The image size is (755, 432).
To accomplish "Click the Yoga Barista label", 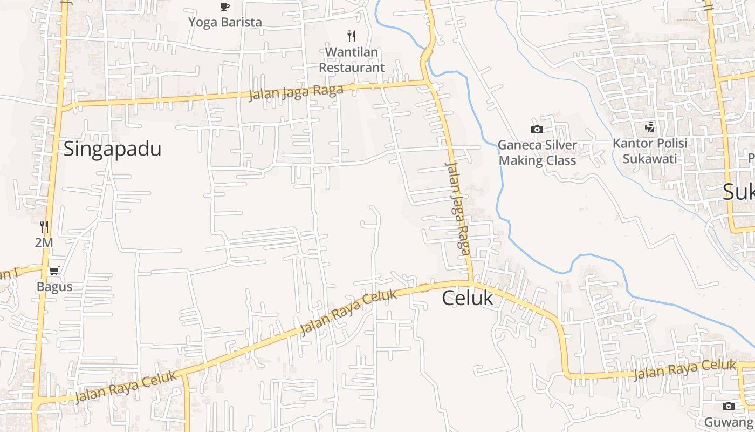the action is (225, 22).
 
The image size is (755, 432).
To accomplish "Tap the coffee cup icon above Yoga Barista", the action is (225, 6).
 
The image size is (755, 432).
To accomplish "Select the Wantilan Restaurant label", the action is (352, 59).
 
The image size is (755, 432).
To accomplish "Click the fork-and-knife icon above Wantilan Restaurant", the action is (352, 36).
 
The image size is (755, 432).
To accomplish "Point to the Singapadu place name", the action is (112, 148).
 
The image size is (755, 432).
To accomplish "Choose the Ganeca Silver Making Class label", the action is (537, 153).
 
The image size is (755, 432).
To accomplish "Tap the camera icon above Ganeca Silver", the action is (537, 129).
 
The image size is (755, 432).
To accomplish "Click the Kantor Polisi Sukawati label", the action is (650, 151).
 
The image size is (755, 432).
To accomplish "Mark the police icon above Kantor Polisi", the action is (650, 127).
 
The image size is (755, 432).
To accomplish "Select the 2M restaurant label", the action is (44, 243).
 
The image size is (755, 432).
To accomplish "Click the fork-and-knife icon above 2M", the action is (44, 227).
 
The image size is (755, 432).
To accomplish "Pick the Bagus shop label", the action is (54, 287).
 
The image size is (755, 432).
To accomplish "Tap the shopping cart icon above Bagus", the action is (54, 271).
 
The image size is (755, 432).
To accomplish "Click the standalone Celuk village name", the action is (468, 298).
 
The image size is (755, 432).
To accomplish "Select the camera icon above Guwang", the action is (728, 406).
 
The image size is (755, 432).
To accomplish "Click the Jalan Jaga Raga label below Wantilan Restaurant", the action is (296, 92).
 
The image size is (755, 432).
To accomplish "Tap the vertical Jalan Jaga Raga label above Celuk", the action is (458, 208).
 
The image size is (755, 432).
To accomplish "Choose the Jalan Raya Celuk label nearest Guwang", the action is (685, 370).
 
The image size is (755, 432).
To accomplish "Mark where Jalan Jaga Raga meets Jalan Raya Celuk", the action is (471, 282).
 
